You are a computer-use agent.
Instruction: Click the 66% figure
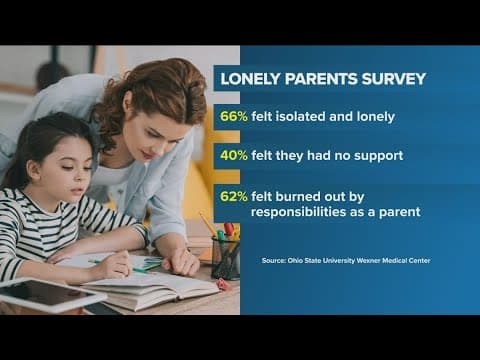coord(232,116)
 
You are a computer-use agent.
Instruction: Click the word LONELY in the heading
coord(253,79)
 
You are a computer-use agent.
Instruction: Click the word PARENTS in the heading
coord(321,79)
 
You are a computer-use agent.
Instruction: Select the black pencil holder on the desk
coord(226,257)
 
